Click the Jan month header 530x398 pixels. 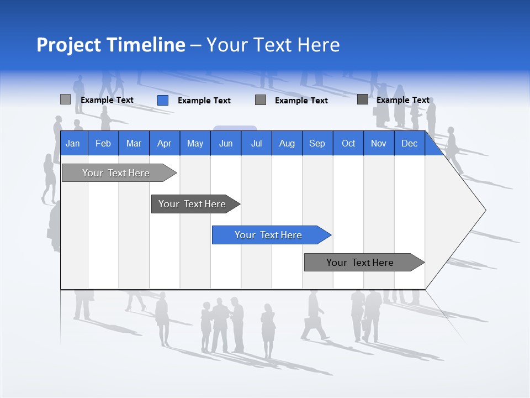(x=73, y=143)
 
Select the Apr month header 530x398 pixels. (x=164, y=143)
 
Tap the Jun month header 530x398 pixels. (x=226, y=143)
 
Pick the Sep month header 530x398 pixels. (x=317, y=143)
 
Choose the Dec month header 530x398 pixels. (x=409, y=143)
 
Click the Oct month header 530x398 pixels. (x=348, y=143)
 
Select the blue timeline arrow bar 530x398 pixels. (x=269, y=235)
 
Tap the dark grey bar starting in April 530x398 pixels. (x=193, y=204)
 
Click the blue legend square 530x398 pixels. (x=163, y=100)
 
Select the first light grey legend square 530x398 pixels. (x=65, y=99)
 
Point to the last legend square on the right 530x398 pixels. (x=363, y=99)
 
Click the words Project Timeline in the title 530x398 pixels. (x=110, y=45)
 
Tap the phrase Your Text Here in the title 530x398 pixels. (x=273, y=45)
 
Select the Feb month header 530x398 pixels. (x=103, y=143)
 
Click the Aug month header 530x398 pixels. (x=287, y=143)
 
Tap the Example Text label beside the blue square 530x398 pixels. (x=204, y=101)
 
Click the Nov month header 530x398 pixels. (x=379, y=143)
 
